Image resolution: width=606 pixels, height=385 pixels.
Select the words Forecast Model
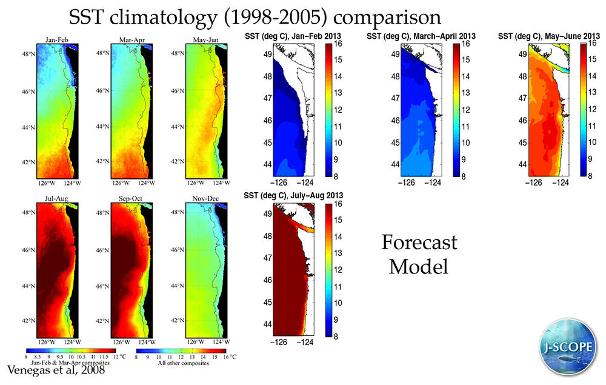[x=419, y=255]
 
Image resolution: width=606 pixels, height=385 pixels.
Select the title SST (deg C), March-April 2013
[x=421, y=37]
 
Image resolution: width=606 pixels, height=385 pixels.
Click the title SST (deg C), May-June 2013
[x=549, y=37]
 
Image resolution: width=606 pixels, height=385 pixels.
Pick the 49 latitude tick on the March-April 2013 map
[x=395, y=54]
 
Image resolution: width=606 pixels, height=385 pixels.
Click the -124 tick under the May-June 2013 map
[x=561, y=181]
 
